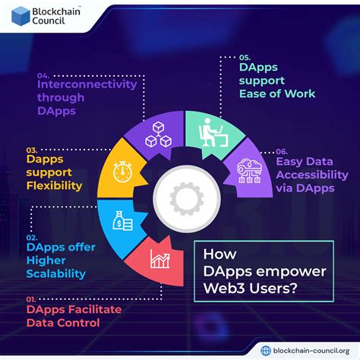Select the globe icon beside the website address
(264, 349)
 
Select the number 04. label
(43, 74)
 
